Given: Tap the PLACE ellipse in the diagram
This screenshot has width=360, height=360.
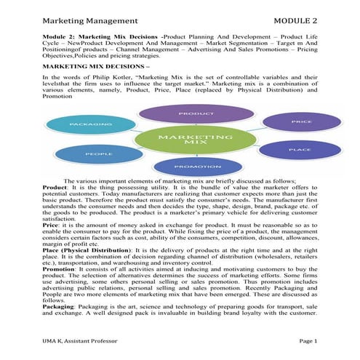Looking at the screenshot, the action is coord(299,150).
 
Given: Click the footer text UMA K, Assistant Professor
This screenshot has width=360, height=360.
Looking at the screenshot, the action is coord(86,340).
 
